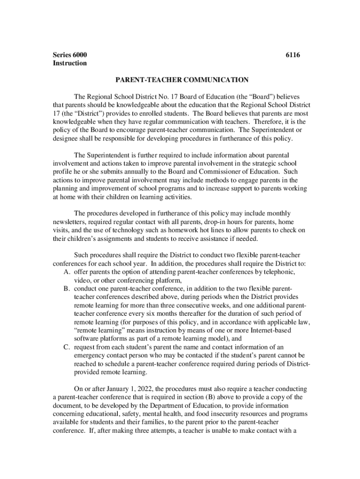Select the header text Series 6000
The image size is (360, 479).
[70, 55]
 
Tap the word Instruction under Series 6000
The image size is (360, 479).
[70, 63]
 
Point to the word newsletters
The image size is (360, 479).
[71, 222]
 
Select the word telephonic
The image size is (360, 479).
[279, 272]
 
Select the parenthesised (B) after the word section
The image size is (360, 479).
[205, 397]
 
